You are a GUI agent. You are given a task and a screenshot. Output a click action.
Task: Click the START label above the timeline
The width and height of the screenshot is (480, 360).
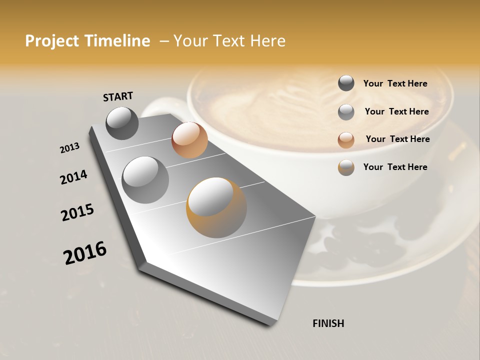pyautogui.click(x=118, y=96)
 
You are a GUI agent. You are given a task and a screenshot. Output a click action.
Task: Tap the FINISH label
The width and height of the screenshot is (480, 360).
pyautogui.click(x=328, y=323)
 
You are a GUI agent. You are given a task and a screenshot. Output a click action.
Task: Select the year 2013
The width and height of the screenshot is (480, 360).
pyautogui.click(x=69, y=148)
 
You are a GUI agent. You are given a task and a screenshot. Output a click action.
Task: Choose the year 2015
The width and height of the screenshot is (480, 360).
pyautogui.click(x=77, y=212)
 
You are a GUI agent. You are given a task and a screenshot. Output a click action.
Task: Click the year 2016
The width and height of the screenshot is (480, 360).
pyautogui.click(x=85, y=252)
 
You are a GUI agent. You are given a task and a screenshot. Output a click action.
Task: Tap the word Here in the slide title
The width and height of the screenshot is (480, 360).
pyautogui.click(x=267, y=41)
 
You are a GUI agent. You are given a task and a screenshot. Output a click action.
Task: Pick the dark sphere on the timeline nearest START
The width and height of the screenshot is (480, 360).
pyautogui.click(x=122, y=123)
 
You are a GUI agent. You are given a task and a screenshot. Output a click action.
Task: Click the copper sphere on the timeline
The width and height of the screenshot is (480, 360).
pyautogui.click(x=189, y=140)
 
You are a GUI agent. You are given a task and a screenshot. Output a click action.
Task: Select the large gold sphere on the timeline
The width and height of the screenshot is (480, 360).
pyautogui.click(x=216, y=207)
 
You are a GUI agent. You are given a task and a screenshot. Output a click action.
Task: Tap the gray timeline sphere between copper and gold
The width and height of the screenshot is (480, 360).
pyautogui.click(x=145, y=180)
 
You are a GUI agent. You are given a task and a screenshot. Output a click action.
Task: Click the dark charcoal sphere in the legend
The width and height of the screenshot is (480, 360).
pyautogui.click(x=346, y=83)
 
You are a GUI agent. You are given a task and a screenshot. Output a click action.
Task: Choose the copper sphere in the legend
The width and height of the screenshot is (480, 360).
pyautogui.click(x=346, y=140)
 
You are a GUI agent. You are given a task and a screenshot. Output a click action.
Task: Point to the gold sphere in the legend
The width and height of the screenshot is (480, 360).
pyautogui.click(x=346, y=167)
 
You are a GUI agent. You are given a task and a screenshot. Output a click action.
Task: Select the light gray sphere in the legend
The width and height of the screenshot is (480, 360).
pyautogui.click(x=346, y=112)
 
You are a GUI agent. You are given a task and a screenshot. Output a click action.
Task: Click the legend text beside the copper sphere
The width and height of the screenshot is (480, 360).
pyautogui.click(x=397, y=139)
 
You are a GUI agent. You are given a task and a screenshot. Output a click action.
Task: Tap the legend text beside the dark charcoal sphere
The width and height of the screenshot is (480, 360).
pyautogui.click(x=395, y=83)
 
